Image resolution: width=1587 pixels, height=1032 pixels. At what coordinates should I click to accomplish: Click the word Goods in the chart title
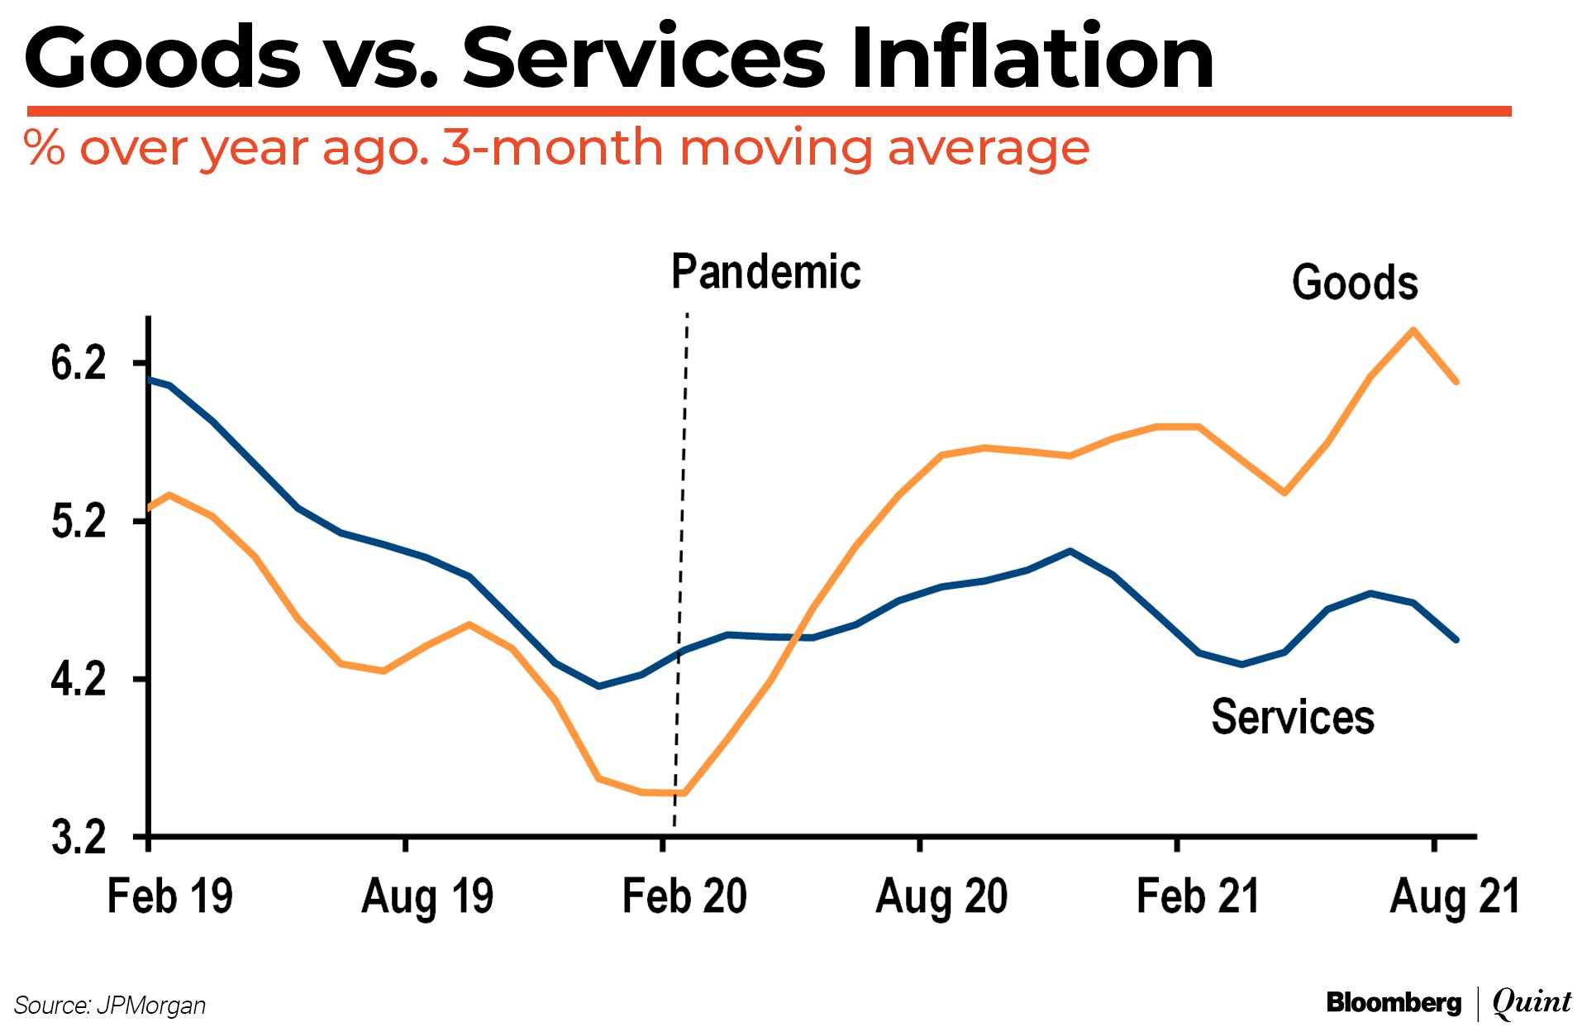click(163, 58)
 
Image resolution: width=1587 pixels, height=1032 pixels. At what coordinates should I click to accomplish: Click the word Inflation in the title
click(1032, 58)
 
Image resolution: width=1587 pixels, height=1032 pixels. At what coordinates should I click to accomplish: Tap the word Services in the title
click(644, 58)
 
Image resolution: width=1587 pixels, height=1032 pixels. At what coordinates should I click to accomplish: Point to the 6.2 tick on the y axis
click(79, 363)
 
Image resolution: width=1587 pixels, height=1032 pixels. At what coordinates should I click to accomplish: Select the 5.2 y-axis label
click(79, 521)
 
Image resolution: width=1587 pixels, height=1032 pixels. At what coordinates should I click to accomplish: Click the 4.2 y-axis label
click(79, 679)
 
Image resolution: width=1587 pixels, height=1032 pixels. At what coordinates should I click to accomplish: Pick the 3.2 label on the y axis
click(79, 837)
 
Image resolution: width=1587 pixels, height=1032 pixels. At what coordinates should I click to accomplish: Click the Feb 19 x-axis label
click(170, 896)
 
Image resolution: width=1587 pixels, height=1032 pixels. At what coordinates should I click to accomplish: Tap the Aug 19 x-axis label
click(427, 896)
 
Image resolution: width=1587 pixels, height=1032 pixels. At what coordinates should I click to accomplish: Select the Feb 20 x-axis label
click(684, 896)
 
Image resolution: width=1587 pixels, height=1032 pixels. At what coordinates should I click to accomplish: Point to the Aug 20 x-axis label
click(941, 896)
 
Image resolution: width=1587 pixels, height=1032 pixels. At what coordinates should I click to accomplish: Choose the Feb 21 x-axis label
click(1198, 896)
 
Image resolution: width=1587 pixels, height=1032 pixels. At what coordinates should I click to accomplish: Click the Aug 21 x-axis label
click(1455, 896)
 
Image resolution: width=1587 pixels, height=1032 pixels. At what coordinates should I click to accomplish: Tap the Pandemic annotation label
click(765, 272)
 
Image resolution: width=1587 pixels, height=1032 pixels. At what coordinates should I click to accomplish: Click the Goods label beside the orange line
click(1355, 283)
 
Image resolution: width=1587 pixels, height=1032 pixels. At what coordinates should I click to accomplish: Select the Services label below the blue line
click(1293, 716)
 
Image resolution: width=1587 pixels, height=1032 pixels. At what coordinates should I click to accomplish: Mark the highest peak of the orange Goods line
click(1413, 331)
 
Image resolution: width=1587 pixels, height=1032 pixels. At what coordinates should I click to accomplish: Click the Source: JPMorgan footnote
click(110, 1006)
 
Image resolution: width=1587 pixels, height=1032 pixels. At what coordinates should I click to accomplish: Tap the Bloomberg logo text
click(1394, 1002)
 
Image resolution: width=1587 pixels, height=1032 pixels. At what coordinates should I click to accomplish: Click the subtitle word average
click(989, 149)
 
